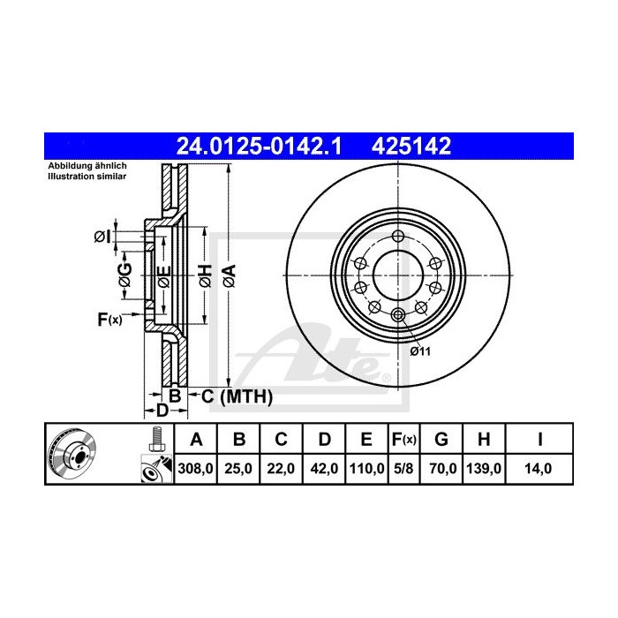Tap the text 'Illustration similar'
click(x=87, y=177)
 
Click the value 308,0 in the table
click(x=197, y=469)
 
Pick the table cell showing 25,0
click(x=238, y=469)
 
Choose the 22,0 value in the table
click(x=280, y=469)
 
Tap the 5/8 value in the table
click(x=403, y=469)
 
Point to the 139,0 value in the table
click(x=485, y=469)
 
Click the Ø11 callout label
click(x=419, y=351)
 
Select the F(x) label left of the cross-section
click(x=109, y=319)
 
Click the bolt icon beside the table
click(x=157, y=437)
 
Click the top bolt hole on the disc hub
click(x=398, y=237)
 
